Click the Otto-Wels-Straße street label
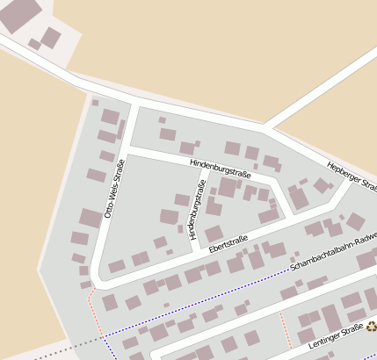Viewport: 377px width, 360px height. point(114,187)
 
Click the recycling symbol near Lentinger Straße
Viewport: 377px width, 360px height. point(371,326)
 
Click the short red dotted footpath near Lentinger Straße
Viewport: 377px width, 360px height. point(283,325)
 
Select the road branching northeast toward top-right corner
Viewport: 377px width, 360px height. point(316,88)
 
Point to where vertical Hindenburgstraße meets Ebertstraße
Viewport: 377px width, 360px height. point(195,253)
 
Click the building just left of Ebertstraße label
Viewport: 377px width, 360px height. point(214,234)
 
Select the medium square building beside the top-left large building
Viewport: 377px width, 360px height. point(51,37)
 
